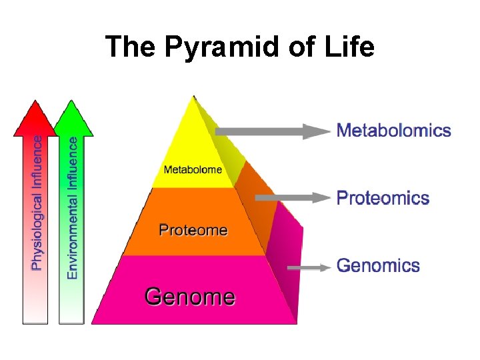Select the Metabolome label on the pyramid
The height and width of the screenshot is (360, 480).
tap(193, 169)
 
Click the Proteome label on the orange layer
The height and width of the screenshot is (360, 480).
tap(193, 231)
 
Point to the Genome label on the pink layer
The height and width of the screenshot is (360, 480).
tap(190, 295)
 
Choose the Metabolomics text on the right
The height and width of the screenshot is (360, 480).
tap(394, 130)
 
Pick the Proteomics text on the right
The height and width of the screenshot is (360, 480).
tap(383, 198)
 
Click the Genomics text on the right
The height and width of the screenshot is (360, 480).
tap(378, 265)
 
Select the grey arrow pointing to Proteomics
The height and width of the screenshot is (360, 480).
tap(293, 197)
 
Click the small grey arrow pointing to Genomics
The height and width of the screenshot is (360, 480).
tap(309, 267)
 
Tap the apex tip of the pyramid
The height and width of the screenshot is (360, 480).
tap(193, 97)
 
